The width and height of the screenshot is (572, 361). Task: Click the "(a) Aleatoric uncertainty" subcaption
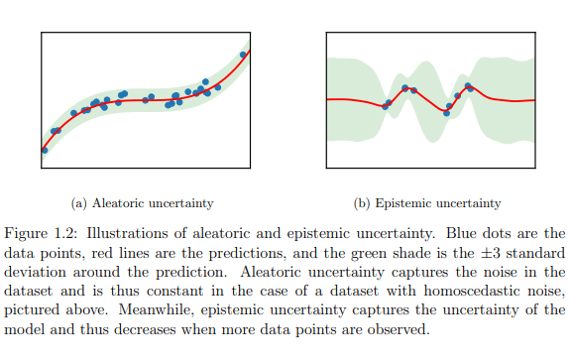(x=143, y=203)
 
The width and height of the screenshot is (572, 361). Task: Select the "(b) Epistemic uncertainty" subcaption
(x=428, y=203)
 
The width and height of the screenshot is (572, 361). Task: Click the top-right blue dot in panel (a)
(x=244, y=55)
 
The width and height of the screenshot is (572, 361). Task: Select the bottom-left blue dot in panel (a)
(x=44, y=150)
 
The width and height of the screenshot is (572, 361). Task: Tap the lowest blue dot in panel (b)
(x=446, y=113)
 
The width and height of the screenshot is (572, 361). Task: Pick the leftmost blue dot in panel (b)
(x=386, y=106)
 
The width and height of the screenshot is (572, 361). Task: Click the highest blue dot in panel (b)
(x=468, y=86)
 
